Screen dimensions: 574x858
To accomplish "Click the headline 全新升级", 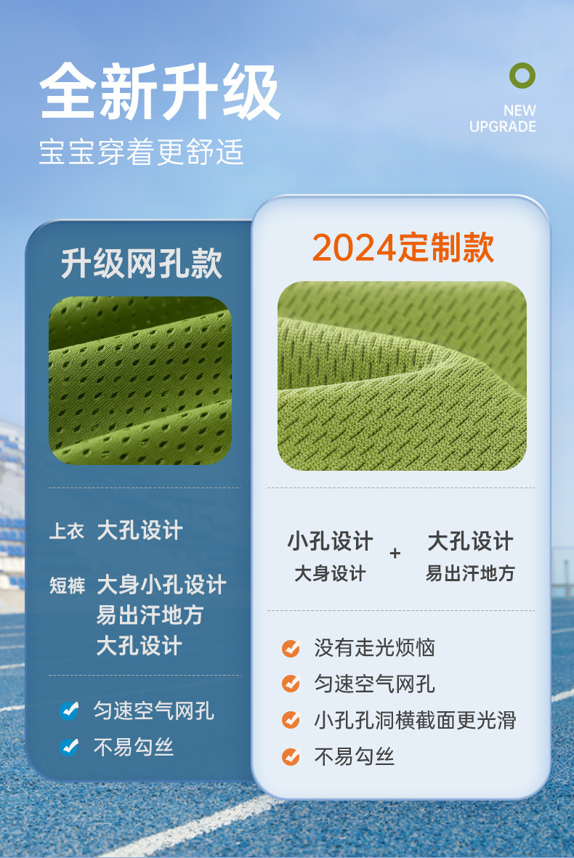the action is [x=161, y=92].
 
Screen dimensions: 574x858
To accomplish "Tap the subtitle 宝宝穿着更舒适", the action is [x=141, y=152].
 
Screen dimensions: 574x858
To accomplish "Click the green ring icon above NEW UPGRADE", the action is [x=522, y=76].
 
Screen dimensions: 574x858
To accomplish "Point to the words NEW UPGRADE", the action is [x=503, y=118].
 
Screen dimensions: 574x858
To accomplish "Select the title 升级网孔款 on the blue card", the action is [x=141, y=263].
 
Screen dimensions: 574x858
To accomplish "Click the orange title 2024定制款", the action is [x=403, y=247].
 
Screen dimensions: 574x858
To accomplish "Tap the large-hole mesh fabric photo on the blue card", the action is [x=140, y=381].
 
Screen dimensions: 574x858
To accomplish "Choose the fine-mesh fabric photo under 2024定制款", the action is [x=403, y=376].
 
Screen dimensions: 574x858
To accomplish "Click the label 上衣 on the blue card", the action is [x=67, y=531].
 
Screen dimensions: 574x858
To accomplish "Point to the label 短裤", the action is [x=68, y=586].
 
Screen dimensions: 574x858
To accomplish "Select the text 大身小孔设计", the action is [x=161, y=584].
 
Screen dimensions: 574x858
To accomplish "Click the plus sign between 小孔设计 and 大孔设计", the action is [x=395, y=553].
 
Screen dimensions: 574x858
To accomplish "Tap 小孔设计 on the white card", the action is [x=331, y=541].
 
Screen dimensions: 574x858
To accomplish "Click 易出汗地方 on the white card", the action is [x=471, y=573].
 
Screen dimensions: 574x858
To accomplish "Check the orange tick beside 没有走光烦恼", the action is [x=291, y=648].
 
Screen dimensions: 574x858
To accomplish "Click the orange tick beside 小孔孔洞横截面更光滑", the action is [x=291, y=720].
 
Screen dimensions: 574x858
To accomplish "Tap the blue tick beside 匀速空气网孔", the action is [x=70, y=711].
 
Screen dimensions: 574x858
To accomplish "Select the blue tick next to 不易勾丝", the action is [x=70, y=746].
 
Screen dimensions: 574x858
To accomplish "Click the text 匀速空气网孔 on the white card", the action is [x=374, y=684].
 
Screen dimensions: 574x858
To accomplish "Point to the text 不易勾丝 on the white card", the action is [x=354, y=757].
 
